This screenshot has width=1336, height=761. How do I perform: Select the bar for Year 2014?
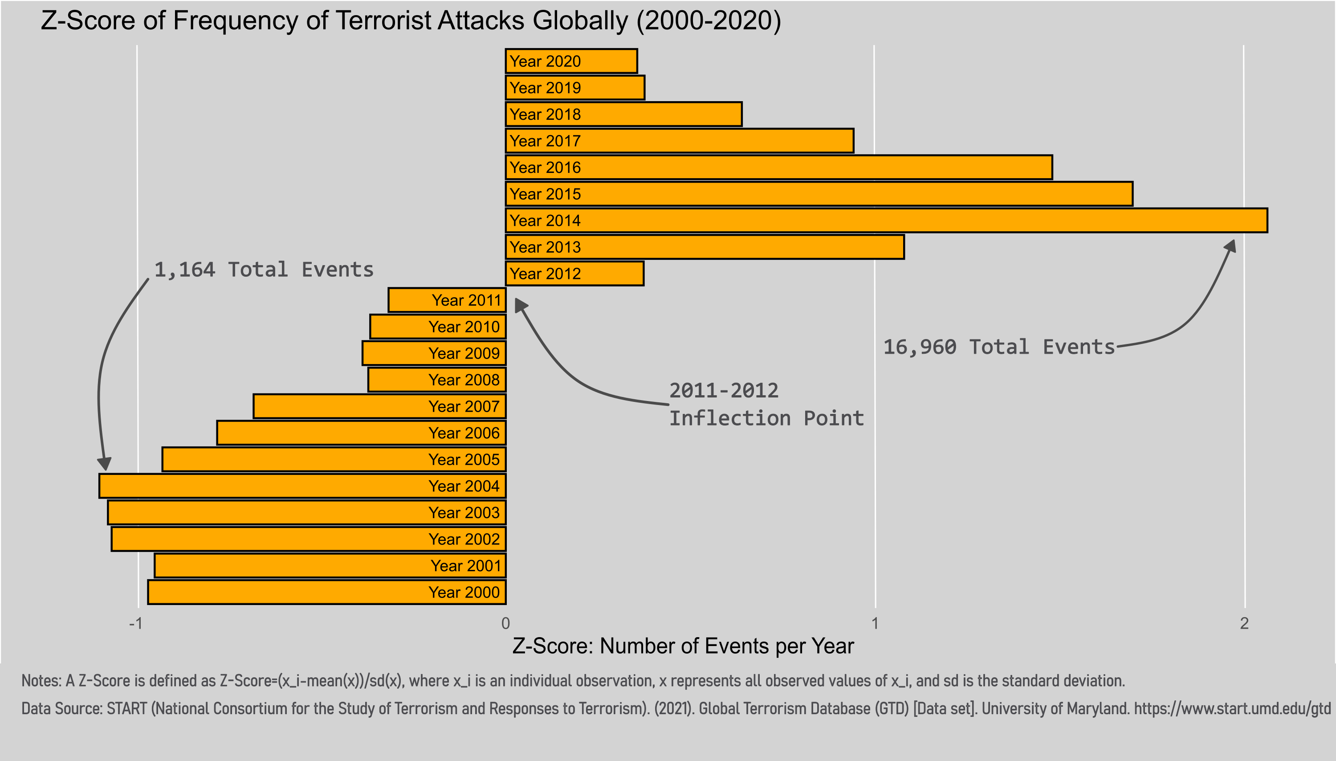[886, 221]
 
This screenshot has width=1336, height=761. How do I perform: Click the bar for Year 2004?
[302, 486]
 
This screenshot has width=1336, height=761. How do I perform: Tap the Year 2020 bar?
[571, 61]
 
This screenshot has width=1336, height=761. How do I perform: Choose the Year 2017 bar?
[679, 141]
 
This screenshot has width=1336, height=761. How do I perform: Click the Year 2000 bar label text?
[464, 593]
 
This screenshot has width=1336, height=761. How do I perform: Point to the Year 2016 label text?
[545, 168]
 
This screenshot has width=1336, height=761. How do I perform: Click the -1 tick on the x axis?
[136, 623]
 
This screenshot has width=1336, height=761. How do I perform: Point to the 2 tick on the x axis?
[1244, 623]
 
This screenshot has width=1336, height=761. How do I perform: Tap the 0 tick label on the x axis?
[505, 623]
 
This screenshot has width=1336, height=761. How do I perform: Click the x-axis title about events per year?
[683, 646]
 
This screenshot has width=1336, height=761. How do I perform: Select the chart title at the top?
[411, 21]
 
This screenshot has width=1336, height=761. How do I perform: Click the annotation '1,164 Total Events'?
[264, 270]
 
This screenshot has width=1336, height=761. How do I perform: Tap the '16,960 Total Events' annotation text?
[998, 347]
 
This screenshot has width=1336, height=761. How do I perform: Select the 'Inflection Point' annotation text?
[766, 418]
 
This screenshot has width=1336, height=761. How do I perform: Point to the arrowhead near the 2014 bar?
[1230, 245]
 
